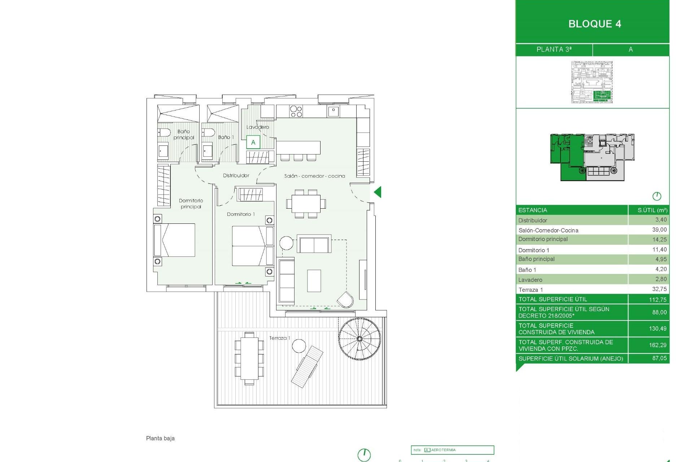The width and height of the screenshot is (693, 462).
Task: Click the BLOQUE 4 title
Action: (594, 24)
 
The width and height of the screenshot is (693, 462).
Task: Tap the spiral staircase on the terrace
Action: (359, 339)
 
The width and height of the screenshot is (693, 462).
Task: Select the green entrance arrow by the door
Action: (378, 192)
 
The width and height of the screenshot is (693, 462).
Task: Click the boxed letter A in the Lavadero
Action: (253, 142)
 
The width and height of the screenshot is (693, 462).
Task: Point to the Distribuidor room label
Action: (236, 175)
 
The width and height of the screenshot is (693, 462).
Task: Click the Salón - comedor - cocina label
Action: (314, 176)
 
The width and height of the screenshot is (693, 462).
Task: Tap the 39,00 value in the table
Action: (659, 230)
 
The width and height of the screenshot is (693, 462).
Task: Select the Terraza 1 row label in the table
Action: (531, 289)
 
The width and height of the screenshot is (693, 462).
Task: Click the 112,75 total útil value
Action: (658, 300)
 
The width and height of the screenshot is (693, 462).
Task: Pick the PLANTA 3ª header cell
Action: (554, 49)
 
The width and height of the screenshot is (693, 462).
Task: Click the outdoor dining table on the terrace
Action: (249, 358)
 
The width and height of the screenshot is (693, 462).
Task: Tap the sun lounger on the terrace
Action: (307, 366)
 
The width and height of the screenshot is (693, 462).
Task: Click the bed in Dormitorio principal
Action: (175, 240)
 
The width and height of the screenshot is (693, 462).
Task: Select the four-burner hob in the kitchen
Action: (296, 112)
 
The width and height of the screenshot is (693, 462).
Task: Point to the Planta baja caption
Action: (160, 438)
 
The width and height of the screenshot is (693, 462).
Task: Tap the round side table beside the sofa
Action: (286, 243)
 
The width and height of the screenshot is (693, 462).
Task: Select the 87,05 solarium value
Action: (659, 358)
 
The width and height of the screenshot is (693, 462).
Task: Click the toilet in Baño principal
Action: (164, 133)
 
